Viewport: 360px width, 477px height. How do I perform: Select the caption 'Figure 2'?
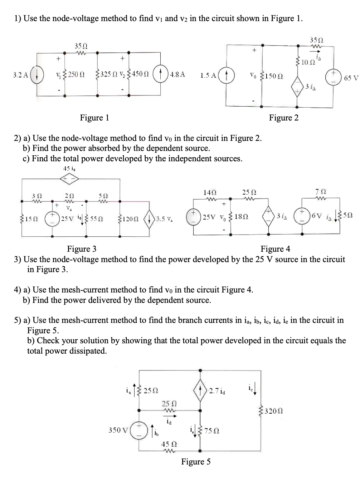[x=284, y=118]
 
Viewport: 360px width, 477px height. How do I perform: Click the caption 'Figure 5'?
[x=196, y=462]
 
